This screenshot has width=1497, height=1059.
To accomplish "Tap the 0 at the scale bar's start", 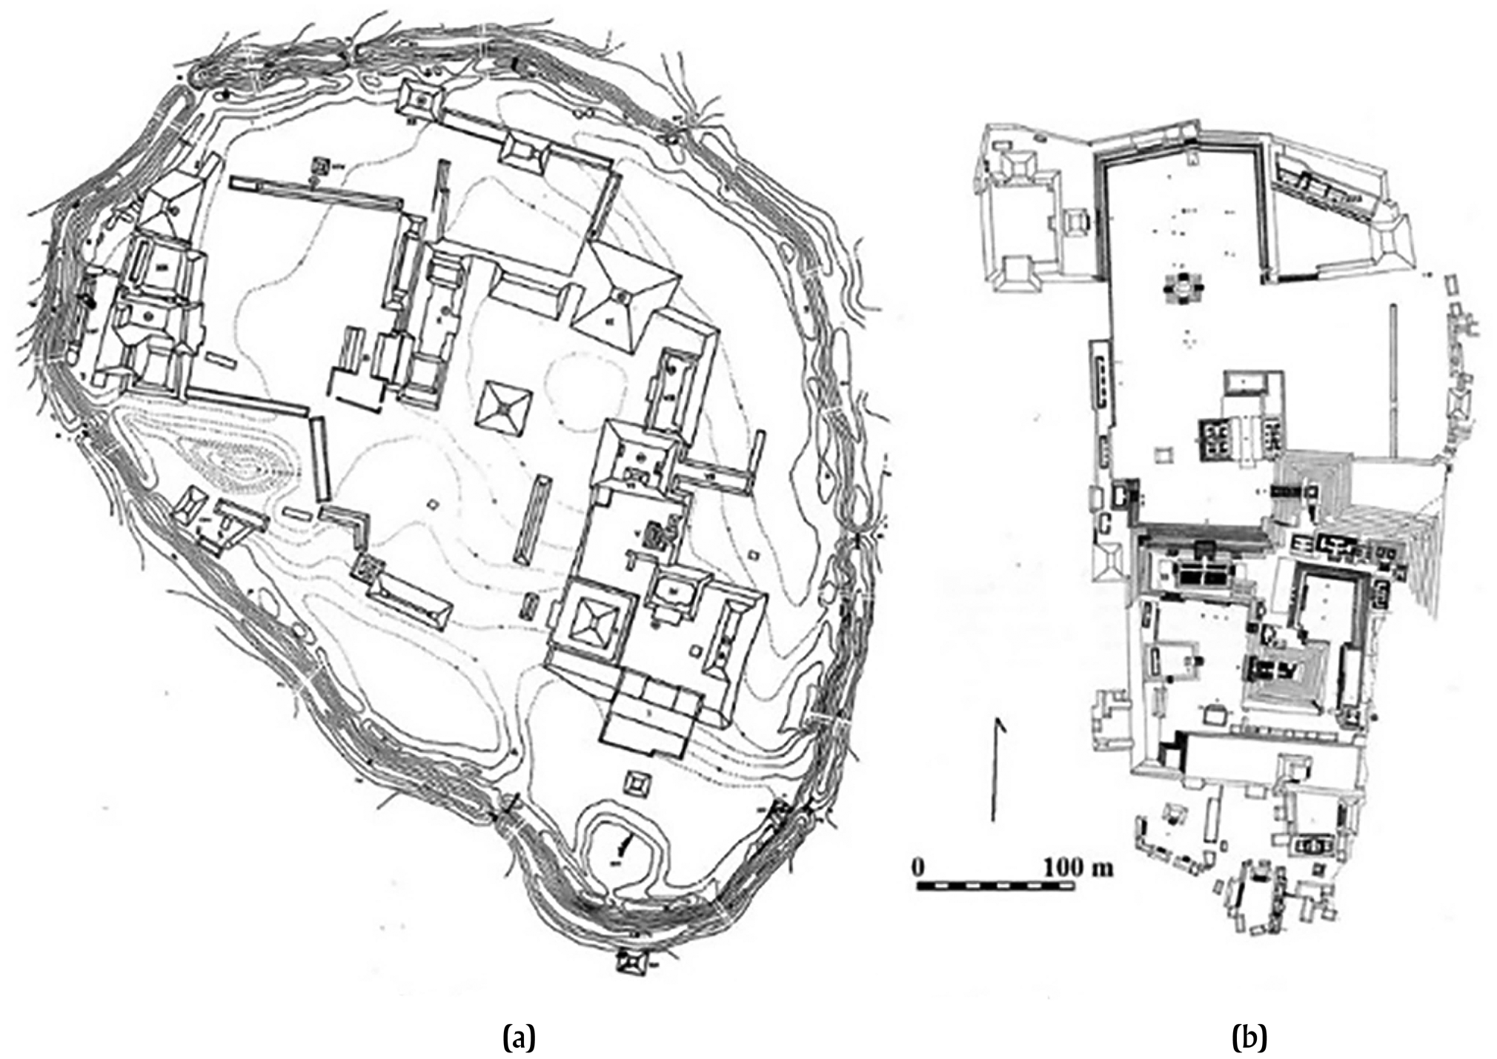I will [919, 866].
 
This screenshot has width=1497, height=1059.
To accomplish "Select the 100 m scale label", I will [1078, 866].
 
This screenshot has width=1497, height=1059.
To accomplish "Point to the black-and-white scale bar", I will [995, 885].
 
